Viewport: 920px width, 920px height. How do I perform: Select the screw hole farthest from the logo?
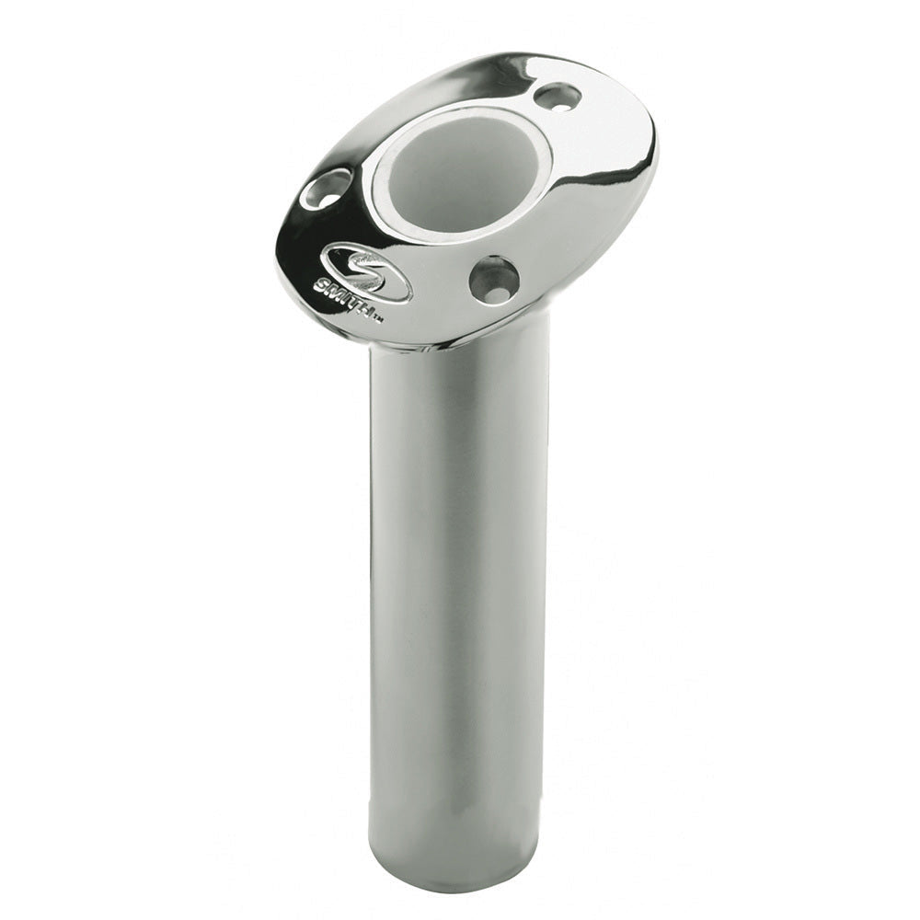(x=558, y=95)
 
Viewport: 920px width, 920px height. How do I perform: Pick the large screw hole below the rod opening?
(x=493, y=279)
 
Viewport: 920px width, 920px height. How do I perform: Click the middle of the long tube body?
(x=459, y=598)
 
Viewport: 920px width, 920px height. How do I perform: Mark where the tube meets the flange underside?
(x=460, y=345)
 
